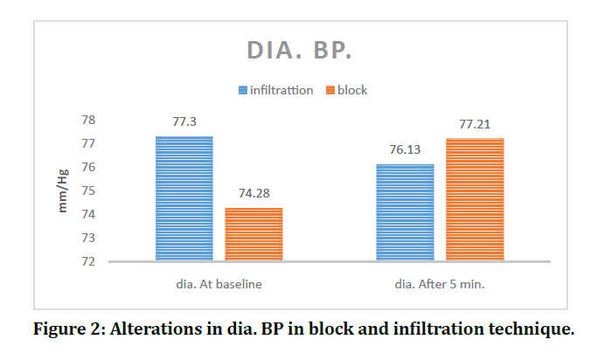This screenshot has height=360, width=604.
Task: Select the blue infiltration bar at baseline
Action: [x=184, y=198]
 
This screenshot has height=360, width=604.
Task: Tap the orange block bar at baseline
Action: [x=253, y=234]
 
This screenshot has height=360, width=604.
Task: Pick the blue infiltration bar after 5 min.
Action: [x=405, y=212]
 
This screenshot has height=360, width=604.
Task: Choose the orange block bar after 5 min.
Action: [x=475, y=199]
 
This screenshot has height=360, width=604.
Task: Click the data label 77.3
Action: [x=184, y=122]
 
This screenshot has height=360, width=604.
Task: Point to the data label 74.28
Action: [x=253, y=193]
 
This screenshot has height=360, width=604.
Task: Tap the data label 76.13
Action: [x=405, y=149]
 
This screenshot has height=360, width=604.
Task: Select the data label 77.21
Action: [x=475, y=124]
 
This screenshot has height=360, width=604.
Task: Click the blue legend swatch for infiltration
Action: [x=242, y=90]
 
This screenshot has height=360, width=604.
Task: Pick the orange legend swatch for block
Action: [x=330, y=90]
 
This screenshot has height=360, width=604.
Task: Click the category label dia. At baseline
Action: [x=219, y=284]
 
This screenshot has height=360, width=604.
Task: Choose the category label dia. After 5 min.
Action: [x=440, y=284]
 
